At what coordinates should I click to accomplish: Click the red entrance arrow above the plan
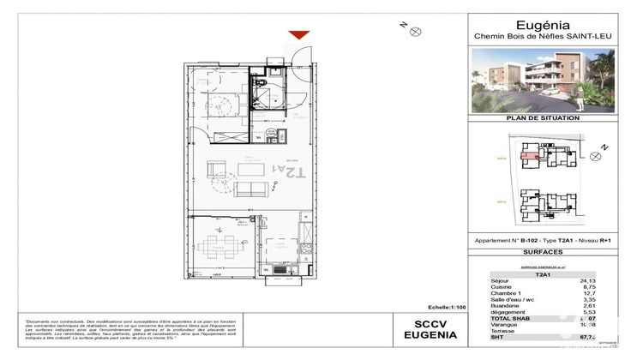click(298, 35)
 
